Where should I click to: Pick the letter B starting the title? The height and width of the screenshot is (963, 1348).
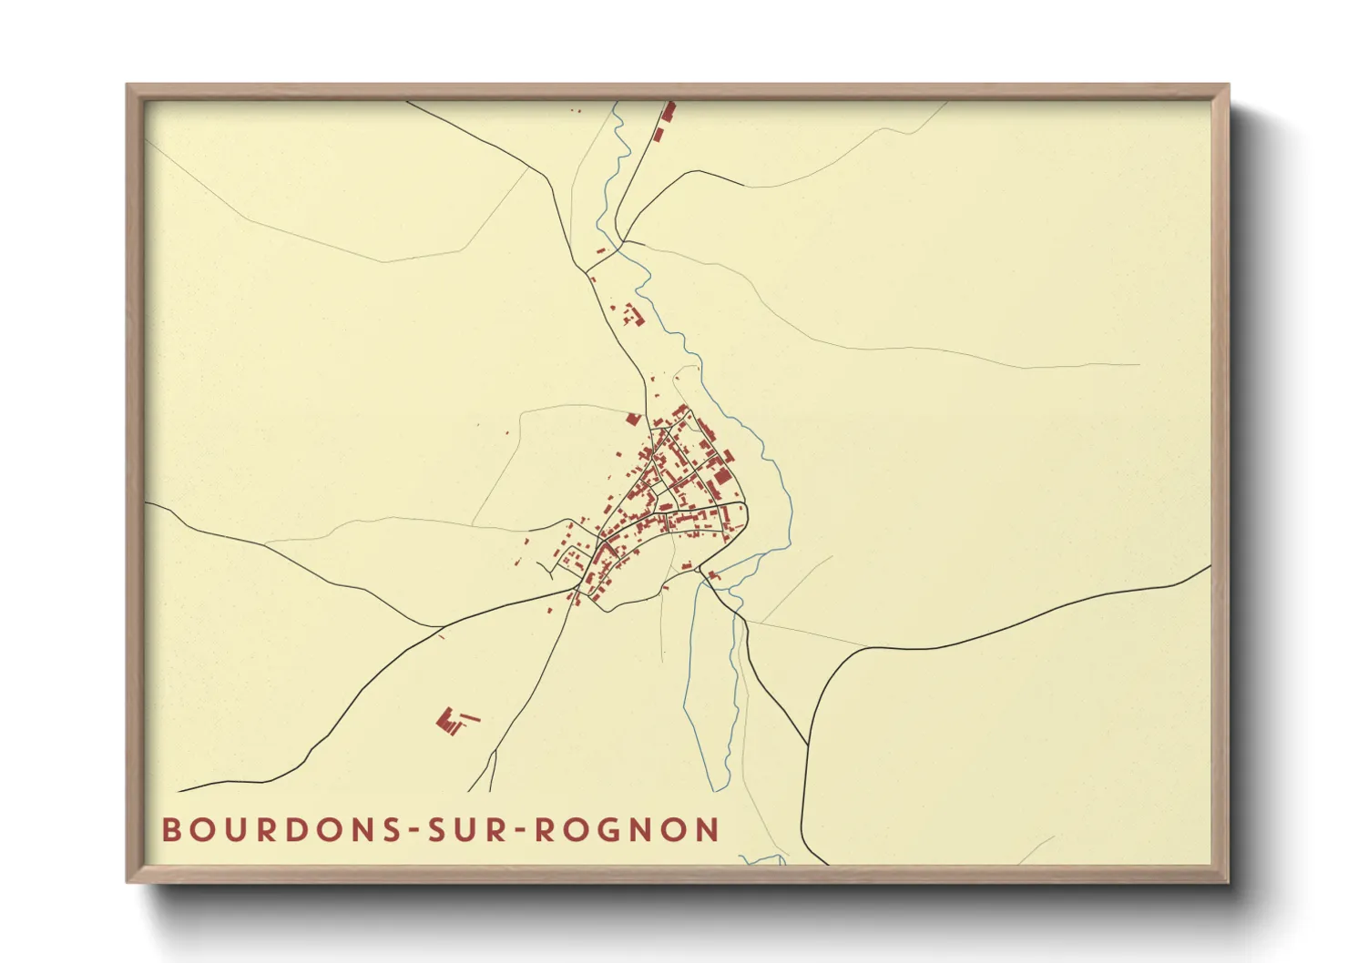click(171, 830)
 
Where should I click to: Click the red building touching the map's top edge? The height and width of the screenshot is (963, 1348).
click(669, 111)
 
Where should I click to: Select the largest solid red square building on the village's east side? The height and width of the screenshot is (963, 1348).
click(721, 477)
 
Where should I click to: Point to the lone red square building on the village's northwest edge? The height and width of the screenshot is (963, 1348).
click(634, 419)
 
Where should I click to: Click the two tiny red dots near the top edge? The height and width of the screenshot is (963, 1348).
click(575, 111)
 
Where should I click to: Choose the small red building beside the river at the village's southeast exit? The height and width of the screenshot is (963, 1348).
click(714, 575)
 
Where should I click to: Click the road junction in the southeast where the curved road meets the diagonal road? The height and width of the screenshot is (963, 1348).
click(808, 745)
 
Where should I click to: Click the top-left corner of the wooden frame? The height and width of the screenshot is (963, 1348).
click(128, 86)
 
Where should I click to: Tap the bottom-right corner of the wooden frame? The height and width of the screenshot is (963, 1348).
click(1228, 881)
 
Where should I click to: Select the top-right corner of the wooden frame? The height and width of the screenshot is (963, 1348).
click(1228, 86)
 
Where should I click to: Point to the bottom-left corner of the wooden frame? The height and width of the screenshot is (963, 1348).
click(128, 881)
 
